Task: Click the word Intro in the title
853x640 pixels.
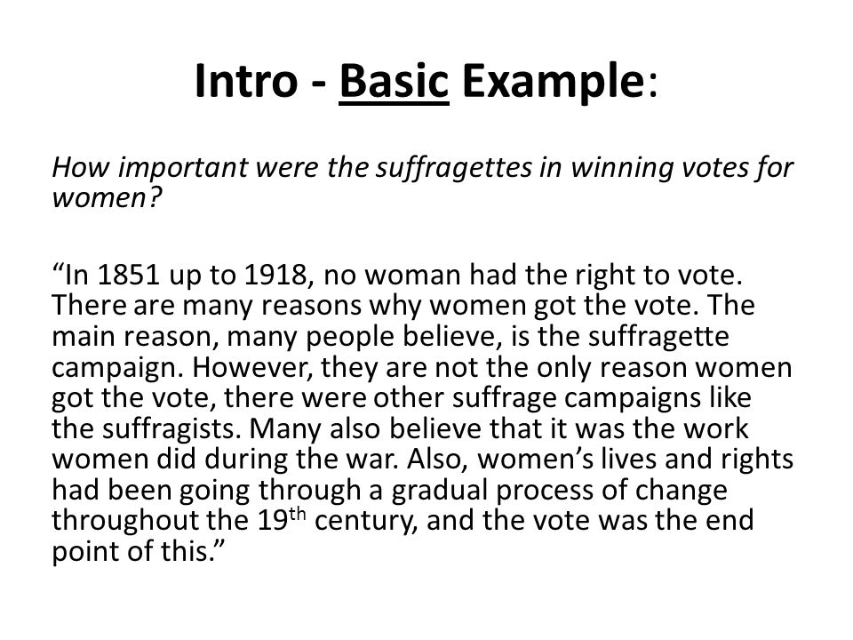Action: point(246,81)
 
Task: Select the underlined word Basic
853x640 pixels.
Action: point(394,81)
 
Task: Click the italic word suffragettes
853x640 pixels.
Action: point(454,168)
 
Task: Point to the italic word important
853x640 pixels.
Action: point(183,169)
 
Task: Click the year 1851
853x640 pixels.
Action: point(128,275)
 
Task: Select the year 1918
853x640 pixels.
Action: point(275,275)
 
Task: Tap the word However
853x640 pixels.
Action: point(255,367)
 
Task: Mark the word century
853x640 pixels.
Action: point(365,522)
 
